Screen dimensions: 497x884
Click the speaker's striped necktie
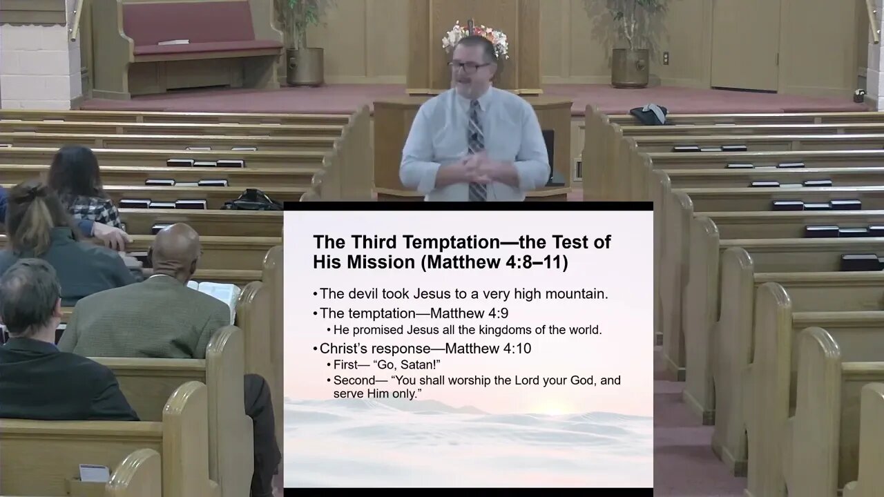tap(476, 148)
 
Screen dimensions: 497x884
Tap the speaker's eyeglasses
tap(469, 67)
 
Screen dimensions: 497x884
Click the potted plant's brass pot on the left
tap(305, 66)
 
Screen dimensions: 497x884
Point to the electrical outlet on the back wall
tap(666, 58)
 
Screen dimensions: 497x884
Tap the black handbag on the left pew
tap(251, 200)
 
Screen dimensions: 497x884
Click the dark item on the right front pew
tap(649, 114)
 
